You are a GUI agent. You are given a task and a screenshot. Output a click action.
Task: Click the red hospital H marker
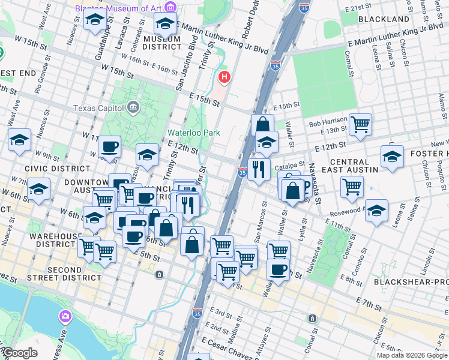[x=224, y=77]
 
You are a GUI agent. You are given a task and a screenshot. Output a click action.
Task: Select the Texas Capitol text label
[x=99, y=108]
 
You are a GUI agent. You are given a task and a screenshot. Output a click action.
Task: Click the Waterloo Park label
[x=193, y=133]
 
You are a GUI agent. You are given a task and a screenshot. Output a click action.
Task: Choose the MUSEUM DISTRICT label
[x=162, y=43]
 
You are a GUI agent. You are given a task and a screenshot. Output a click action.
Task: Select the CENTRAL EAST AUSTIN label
[x=354, y=166]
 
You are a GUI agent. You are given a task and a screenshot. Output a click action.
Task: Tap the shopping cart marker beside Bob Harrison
[x=360, y=125]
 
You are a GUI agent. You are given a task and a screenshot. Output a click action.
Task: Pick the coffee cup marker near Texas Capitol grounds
[x=109, y=146]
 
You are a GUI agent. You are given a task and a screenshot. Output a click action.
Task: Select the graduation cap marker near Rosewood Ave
[x=377, y=211]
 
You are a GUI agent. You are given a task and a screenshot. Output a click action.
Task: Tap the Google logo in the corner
[x=19, y=353]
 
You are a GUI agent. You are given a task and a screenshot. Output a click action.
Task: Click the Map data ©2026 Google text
[x=411, y=355]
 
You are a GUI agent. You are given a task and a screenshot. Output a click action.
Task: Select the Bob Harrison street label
[x=328, y=124]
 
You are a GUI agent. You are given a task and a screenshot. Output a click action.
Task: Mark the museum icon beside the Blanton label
[x=171, y=8]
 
